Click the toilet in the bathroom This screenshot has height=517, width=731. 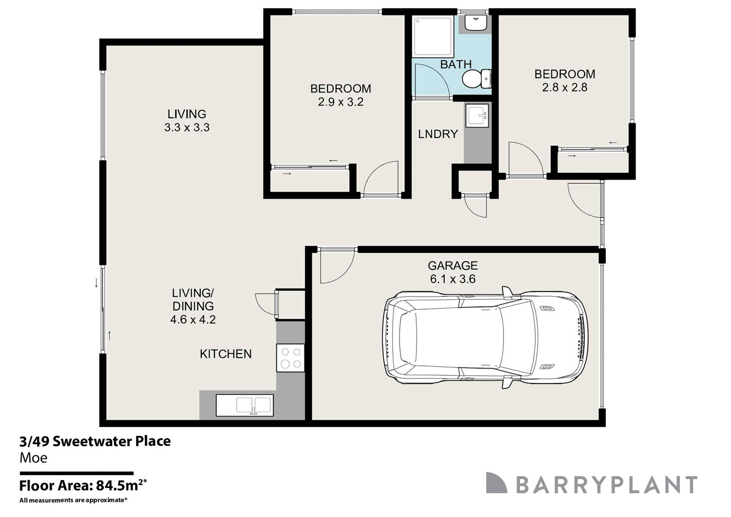[476, 79]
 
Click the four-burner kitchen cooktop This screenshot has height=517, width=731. [291, 358]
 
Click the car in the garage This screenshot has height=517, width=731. [486, 337]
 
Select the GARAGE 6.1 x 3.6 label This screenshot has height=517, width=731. [453, 272]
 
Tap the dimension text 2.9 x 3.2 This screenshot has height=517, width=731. [341, 102]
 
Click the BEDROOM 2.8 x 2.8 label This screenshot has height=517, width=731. [565, 80]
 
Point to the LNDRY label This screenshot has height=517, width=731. [438, 134]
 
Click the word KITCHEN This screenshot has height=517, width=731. [226, 354]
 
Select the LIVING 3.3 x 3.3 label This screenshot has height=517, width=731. [187, 121]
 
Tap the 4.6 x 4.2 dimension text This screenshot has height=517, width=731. [193, 320]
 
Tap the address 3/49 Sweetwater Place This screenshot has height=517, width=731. [95, 441]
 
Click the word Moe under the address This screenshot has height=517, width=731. [33, 458]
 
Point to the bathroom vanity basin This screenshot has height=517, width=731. [476, 23]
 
